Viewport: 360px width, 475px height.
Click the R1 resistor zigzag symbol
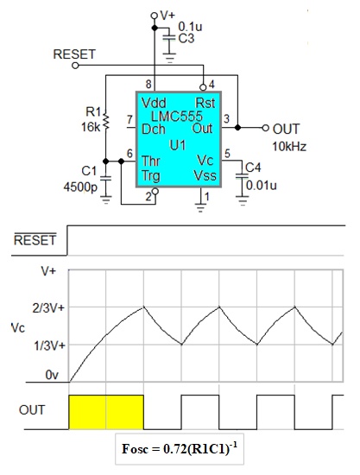105,121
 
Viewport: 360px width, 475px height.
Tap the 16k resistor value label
91,127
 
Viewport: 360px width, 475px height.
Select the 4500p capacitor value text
80,187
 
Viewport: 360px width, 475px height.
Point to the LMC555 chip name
176,117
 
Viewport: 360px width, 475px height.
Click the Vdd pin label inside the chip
154,103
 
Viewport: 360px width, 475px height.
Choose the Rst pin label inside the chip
205,103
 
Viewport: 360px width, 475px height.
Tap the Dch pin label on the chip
154,130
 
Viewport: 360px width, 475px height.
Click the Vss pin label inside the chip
205,175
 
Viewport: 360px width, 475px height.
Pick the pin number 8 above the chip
148,84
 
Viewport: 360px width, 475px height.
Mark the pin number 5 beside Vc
227,154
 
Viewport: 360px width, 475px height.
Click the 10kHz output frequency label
289,147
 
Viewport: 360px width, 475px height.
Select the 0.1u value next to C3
190,27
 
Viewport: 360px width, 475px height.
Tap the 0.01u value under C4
262,185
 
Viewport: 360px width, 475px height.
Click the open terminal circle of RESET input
75,66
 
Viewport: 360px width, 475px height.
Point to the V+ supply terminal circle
155,16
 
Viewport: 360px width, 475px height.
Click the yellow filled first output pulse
106,412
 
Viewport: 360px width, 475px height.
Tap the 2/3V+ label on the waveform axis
48,308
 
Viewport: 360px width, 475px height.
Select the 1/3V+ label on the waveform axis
49,345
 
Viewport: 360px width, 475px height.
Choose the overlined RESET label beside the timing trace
35,239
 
